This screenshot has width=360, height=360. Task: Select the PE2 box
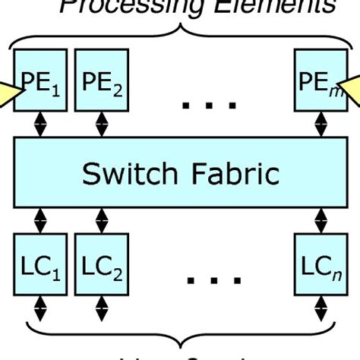pyautogui.click(x=99, y=81)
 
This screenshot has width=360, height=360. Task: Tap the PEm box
pyautogui.click(x=319, y=81)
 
